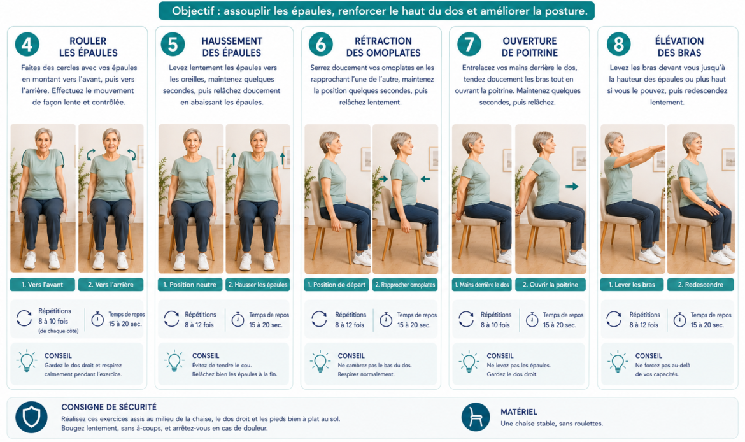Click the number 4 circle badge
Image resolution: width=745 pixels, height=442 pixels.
point(27,45)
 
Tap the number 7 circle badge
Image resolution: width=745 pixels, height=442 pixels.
point(469,45)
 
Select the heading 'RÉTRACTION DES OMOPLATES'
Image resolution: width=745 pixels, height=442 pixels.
point(383,46)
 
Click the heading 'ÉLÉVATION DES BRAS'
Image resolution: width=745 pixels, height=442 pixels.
point(679,46)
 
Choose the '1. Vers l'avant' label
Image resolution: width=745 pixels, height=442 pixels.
point(42,285)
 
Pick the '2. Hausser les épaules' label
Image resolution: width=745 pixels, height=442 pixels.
point(257,285)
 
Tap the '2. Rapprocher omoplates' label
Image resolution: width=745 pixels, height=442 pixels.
point(405,285)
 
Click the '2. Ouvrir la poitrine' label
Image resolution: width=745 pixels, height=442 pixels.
point(550,285)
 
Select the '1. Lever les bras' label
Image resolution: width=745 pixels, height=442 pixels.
point(632,285)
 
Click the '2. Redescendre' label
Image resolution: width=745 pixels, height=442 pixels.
point(700,285)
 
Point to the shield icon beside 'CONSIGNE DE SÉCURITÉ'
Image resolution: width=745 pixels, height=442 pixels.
point(31,417)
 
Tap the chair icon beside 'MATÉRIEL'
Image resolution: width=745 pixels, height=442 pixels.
point(476,417)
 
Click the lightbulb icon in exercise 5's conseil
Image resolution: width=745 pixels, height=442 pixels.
point(174,361)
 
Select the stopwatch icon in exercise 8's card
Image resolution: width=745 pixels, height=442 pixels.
point(680,319)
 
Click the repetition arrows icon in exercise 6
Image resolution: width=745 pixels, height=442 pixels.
point(319,319)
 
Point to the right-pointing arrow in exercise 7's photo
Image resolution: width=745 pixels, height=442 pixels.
point(572,187)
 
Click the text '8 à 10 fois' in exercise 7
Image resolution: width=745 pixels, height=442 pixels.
point(495,325)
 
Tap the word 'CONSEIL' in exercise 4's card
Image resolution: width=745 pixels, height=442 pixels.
point(58,355)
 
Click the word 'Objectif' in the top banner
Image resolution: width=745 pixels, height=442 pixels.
point(191,11)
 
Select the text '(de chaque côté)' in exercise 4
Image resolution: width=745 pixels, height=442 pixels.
point(59,331)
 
